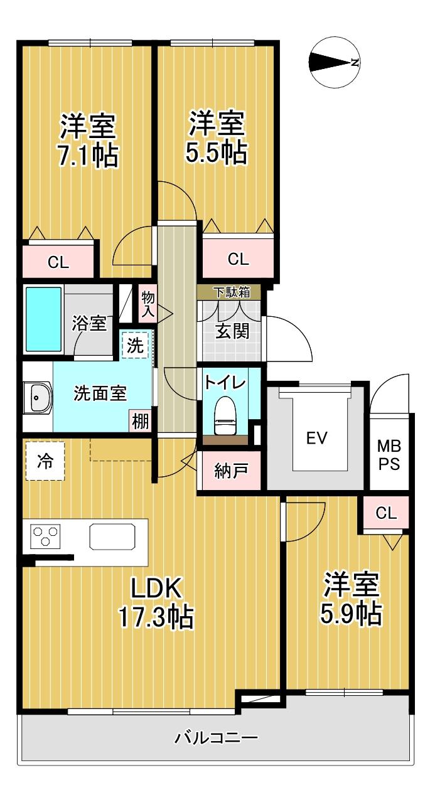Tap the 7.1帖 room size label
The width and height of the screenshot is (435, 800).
tap(88, 156)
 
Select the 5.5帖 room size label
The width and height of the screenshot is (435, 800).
tap(216, 152)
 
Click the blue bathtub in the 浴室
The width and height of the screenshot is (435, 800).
tap(43, 319)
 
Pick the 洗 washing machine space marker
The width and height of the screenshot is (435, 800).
tap(136, 344)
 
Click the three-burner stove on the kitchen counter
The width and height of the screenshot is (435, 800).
tap(45, 536)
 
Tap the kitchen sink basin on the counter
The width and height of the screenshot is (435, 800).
tap(112, 536)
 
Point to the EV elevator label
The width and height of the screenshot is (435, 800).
tap(317, 438)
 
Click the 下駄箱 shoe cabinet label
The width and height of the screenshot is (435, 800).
tap(231, 292)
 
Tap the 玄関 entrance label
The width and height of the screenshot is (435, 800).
tap(232, 331)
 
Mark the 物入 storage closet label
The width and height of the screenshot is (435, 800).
tap(148, 304)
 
